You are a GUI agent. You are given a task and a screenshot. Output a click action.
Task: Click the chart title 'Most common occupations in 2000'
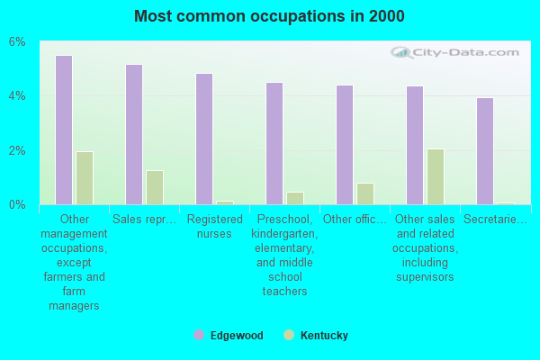269,16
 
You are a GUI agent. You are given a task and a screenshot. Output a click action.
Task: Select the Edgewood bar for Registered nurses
204,139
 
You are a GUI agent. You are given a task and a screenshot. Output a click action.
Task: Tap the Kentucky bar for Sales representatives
155,187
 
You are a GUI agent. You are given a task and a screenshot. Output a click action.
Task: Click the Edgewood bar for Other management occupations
64,130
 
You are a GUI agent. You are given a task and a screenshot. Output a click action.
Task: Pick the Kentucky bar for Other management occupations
85,178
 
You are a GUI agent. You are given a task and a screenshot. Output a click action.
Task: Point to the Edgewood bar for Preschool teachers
274,143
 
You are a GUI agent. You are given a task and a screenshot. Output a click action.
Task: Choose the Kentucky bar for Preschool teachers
295,198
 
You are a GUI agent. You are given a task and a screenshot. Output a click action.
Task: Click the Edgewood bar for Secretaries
485,151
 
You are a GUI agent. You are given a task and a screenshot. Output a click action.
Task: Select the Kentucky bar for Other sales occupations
436,176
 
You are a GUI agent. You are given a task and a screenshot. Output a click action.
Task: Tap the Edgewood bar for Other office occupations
345,145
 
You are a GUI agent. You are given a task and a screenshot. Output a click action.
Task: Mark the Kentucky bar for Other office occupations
365,193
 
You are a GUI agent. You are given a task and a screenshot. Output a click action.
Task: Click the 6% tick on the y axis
18,42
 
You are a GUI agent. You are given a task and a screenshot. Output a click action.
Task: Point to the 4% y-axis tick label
18,96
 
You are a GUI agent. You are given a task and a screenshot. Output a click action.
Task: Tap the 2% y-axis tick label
18,150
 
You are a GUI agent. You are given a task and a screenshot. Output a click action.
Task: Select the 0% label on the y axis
18,204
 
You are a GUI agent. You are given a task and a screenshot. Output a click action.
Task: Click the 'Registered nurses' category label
215,226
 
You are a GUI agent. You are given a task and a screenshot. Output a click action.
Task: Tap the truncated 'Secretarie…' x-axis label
495,219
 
